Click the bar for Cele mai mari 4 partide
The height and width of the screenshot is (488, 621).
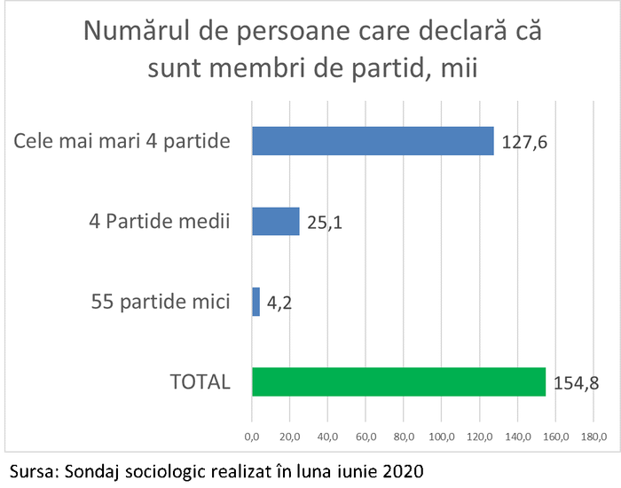point(373,141)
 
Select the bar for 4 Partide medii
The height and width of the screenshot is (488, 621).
point(276,221)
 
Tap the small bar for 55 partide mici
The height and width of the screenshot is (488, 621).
point(256,302)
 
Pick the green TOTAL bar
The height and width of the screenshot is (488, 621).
point(398,382)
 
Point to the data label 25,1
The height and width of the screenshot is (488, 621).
point(325,222)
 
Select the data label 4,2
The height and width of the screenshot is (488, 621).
point(280,303)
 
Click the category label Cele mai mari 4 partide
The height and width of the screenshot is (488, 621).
point(122,141)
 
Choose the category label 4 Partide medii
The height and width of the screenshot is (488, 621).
point(161,221)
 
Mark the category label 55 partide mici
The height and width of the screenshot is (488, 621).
point(161,302)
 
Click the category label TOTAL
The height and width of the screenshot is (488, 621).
point(200,382)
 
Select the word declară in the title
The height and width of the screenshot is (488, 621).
point(468,33)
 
